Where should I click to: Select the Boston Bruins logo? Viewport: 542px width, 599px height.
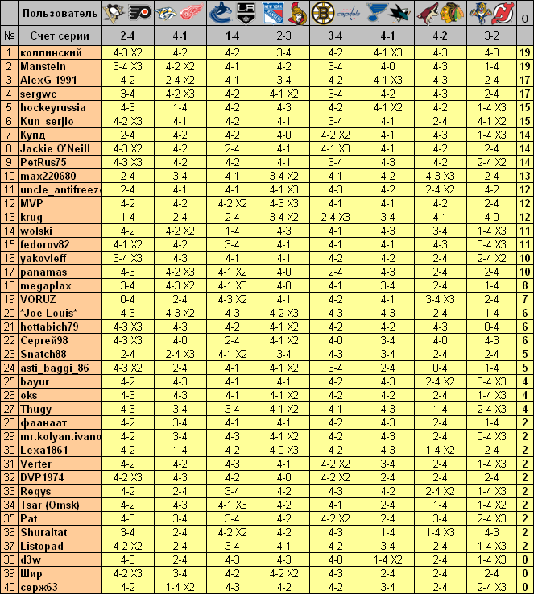pyautogui.click(x=321, y=13)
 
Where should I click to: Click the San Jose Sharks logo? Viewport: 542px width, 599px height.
pyautogui.click(x=399, y=13)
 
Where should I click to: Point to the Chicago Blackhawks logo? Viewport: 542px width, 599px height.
pyautogui.click(x=451, y=13)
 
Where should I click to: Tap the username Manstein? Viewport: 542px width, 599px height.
pyautogui.click(x=43, y=66)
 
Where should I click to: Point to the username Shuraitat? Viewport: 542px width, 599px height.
pyautogui.click(x=45, y=532)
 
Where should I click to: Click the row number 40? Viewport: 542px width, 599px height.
pyautogui.click(x=10, y=587)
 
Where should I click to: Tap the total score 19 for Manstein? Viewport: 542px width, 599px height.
pyautogui.click(x=525, y=66)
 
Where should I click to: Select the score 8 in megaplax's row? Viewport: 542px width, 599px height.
pyautogui.click(x=525, y=285)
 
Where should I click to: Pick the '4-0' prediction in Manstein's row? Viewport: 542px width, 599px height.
pyautogui.click(x=387, y=66)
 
